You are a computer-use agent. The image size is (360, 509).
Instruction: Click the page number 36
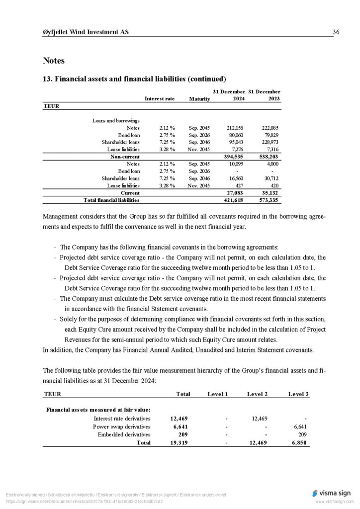pos(336,32)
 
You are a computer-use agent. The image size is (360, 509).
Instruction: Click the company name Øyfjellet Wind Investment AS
pos(86,32)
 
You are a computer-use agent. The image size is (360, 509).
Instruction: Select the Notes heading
pos(54,61)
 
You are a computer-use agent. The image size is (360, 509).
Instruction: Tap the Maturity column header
pos(199,99)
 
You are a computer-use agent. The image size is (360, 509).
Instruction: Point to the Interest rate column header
pos(159,99)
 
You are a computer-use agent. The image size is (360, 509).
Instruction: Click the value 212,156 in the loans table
pos(235,128)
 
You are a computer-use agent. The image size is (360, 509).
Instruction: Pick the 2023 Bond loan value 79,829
pos(270,135)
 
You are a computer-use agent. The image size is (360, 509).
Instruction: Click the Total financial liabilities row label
pos(111,200)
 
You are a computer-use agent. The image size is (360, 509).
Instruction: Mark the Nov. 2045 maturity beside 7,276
pos(199,149)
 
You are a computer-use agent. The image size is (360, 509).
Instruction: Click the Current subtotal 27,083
pos(234,192)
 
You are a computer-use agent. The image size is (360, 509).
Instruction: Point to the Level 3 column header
pos(298,394)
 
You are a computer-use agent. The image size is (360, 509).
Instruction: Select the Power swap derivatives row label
pos(122,426)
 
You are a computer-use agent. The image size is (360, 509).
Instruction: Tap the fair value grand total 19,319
pos(179,442)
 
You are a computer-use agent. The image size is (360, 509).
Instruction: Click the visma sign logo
pos(332,493)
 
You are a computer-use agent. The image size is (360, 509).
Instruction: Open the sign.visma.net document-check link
pos(84,502)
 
